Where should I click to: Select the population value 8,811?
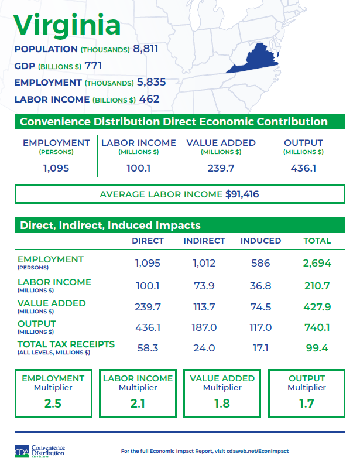point(146,49)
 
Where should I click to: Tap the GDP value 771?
point(93,66)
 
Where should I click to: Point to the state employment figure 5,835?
point(151,82)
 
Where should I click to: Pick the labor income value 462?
point(149,99)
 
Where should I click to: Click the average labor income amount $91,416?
point(242,194)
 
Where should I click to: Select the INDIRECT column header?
point(204,241)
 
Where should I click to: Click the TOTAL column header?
point(317,241)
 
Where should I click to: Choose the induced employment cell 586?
point(260,263)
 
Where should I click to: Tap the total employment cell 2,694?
point(317,263)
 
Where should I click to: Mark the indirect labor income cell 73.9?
point(204,286)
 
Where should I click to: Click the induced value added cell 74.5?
point(260,307)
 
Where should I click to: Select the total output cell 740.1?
point(317,328)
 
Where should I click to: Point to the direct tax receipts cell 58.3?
point(148,348)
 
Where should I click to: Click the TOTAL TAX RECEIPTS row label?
point(66,344)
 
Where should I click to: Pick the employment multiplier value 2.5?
point(53,404)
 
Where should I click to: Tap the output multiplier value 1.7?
point(307,404)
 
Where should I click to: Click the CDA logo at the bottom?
point(39,451)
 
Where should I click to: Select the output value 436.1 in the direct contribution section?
point(303,168)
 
